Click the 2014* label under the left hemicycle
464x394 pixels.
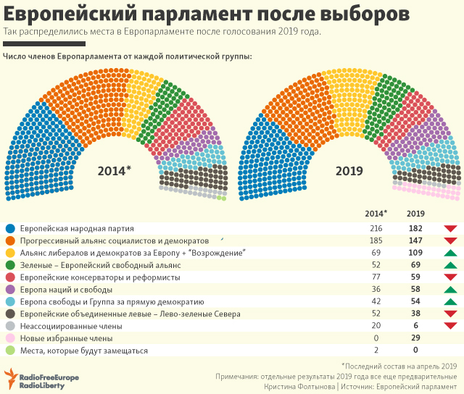(x=115, y=170)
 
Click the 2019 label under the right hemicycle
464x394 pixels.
(x=349, y=170)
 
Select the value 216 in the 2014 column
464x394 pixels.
(x=376, y=227)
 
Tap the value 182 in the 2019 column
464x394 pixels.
(x=415, y=227)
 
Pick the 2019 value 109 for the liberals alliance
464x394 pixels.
(x=415, y=252)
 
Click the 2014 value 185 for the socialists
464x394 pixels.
(x=376, y=240)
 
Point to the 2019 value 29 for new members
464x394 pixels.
(x=415, y=338)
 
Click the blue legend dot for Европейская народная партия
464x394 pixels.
(x=10, y=228)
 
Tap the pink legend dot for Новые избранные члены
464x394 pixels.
(x=10, y=338)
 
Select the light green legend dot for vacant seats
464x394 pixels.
(x=10, y=351)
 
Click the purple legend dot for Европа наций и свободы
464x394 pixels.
(x=10, y=290)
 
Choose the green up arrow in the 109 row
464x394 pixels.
(x=449, y=252)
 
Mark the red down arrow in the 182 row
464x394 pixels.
(x=449, y=228)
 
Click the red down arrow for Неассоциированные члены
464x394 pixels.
(x=449, y=327)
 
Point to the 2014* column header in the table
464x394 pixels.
(x=376, y=214)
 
